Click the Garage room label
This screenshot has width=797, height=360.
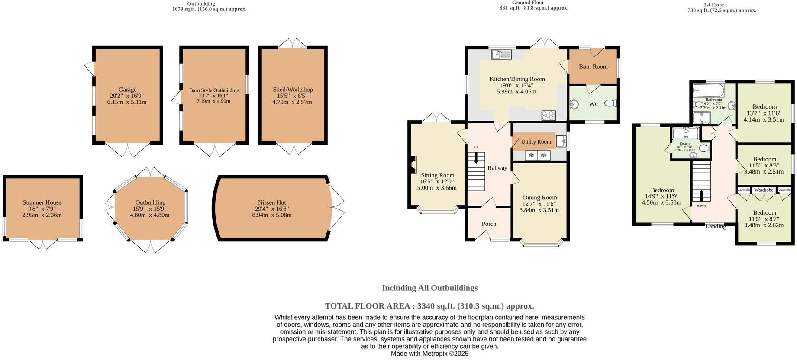click(x=127, y=90)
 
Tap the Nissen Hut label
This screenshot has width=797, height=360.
click(x=272, y=202)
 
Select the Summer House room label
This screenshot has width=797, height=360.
click(x=42, y=202)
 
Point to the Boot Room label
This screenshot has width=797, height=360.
click(x=593, y=67)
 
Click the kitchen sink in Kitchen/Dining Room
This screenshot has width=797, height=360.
click(x=501, y=55)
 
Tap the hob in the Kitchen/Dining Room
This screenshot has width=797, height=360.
click(x=548, y=116)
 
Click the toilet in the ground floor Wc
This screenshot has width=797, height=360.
click(x=611, y=103)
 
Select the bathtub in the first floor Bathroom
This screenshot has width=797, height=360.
click(x=708, y=91)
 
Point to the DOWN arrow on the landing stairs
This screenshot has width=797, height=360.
click(x=701, y=196)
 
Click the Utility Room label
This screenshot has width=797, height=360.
click(x=536, y=142)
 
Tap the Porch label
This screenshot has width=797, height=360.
click(x=489, y=224)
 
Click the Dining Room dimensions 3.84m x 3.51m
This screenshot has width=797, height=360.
click(x=539, y=210)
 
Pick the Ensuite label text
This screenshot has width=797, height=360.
click(x=685, y=144)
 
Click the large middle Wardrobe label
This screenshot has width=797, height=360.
click(x=764, y=190)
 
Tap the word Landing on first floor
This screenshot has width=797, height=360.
click(x=716, y=227)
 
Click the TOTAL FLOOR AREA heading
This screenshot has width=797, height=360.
click(x=429, y=306)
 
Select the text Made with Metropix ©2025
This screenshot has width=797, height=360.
click(x=429, y=354)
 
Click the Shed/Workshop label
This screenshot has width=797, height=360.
click(x=293, y=90)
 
